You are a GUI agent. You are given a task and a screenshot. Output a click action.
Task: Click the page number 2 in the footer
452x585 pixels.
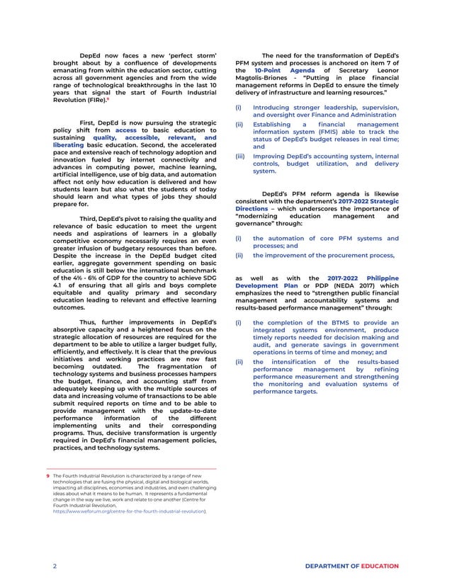tap(55, 567)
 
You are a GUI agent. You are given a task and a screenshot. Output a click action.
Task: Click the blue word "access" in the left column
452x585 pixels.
tap(125, 131)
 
